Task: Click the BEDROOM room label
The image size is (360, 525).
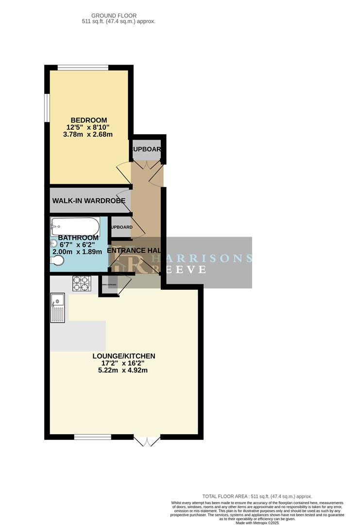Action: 89,120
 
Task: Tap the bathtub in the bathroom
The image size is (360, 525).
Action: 75,226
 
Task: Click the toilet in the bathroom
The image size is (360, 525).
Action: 57,261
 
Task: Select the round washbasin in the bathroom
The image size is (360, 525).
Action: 53,245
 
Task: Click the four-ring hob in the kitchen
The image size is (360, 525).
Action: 82,283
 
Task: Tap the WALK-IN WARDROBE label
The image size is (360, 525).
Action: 89,200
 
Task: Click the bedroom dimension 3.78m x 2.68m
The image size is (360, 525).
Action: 88,134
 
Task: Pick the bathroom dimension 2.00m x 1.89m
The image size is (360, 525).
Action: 77,252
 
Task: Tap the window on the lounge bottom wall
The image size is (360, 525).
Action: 92,437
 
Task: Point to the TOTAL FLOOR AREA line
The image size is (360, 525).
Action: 257,496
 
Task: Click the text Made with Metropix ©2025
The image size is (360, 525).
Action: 257,522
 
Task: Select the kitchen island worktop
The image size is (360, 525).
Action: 78,335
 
